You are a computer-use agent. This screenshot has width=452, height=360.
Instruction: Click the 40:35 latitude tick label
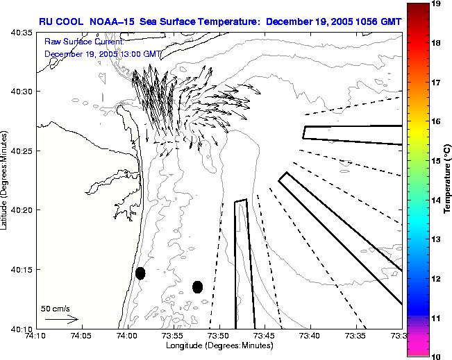[x=22, y=32]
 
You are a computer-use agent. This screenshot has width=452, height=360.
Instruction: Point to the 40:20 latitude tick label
[x=22, y=209]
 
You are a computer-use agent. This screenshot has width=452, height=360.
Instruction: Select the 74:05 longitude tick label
[x=81, y=336]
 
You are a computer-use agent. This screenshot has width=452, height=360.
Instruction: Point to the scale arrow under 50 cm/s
[x=60, y=319]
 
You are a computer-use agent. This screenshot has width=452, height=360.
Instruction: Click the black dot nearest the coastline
[x=140, y=273]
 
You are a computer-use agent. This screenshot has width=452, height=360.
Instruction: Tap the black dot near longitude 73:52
[x=197, y=286]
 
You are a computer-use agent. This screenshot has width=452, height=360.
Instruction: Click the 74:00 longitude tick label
[x=127, y=336]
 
